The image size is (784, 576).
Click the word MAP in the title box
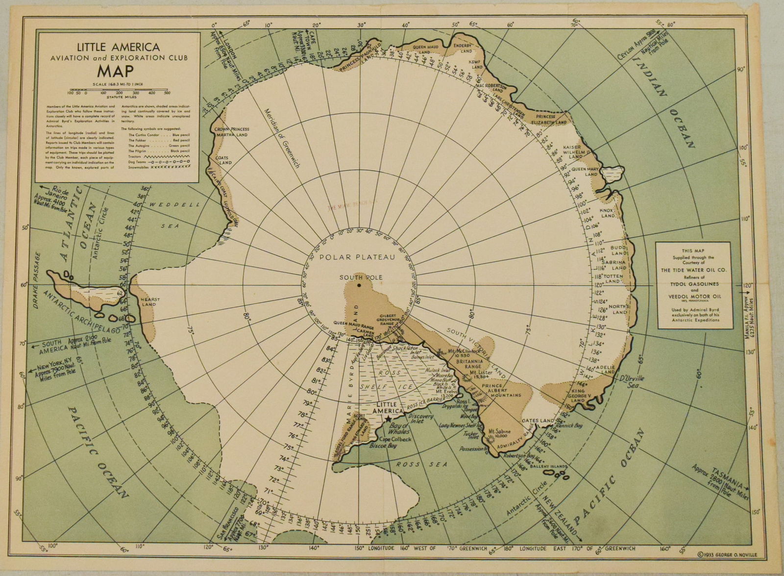[117, 71]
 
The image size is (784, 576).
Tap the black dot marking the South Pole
[360, 285]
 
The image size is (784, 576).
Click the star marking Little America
[389, 420]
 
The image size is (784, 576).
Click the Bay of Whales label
[399, 429]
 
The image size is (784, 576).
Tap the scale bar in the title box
[118, 92]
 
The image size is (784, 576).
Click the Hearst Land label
[147, 301]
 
